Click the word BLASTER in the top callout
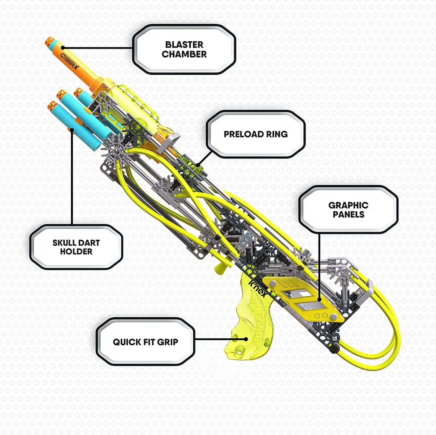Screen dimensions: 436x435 (184, 44)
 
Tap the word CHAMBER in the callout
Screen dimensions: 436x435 (184, 54)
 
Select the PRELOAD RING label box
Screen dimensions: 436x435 (256, 134)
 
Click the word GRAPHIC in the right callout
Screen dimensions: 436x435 (348, 205)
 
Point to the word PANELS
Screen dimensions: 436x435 (349, 215)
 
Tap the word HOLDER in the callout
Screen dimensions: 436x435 (76, 252)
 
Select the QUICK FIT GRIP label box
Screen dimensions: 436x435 (145, 342)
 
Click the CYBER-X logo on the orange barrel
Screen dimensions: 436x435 (69, 61)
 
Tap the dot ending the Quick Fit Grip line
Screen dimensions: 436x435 (246, 339)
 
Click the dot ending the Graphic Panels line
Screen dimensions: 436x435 (319, 299)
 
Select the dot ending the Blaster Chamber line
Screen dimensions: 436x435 (62, 48)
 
